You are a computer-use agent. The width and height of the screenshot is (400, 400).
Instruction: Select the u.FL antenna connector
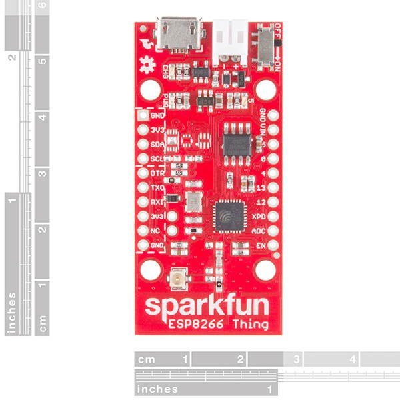179,278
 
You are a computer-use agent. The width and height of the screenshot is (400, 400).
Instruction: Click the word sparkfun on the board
207,307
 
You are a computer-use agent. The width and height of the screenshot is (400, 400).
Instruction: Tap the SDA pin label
158,144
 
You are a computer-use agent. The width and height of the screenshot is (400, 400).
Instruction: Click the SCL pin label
158,159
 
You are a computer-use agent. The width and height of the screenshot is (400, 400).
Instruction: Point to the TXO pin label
158,188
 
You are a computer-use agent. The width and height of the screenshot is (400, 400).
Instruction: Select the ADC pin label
260,231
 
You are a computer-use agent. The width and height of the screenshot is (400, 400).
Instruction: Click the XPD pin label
260,217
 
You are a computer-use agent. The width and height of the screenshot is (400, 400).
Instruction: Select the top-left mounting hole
152,89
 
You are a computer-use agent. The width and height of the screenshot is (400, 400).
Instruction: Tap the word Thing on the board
251,325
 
